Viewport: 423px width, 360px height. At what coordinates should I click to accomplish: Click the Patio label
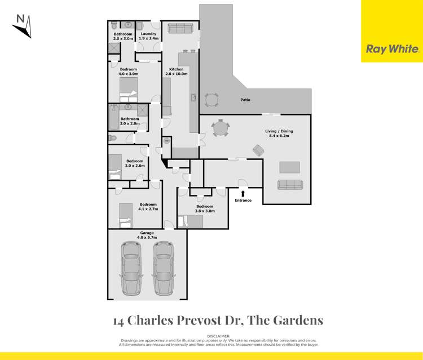coord(245,100)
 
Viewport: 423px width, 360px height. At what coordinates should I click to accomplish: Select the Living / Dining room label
coord(279,134)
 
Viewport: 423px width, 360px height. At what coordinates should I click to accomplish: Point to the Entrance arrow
coord(243,194)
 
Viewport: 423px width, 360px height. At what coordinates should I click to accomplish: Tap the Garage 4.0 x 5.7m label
coord(147,235)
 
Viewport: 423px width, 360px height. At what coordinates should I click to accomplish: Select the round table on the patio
coord(212,100)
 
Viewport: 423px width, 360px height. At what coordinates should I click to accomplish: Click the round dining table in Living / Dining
coord(221,129)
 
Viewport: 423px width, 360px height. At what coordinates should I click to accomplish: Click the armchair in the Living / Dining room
coord(258,150)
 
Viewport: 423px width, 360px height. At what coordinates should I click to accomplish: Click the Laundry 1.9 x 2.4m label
coord(148,36)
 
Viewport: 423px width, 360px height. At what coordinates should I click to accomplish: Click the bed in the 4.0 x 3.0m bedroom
coord(129,90)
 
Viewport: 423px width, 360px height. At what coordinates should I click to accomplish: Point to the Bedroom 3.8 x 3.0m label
coord(205,208)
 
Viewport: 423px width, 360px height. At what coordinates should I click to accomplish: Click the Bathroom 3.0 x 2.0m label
coord(129,121)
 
